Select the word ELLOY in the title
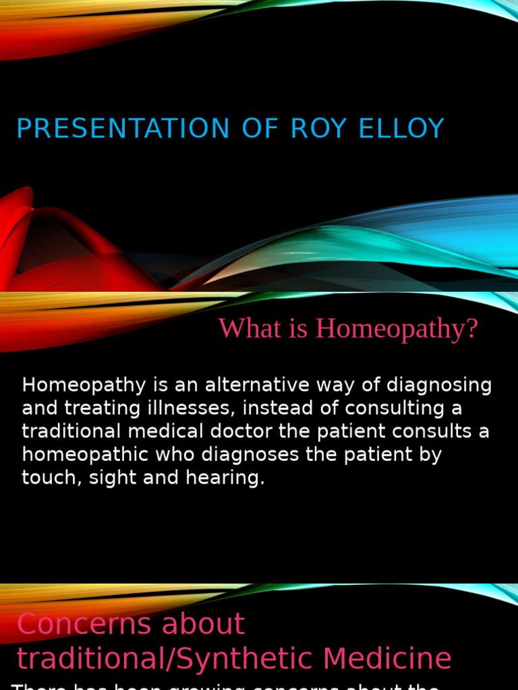tap(402, 129)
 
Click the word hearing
tap(227, 478)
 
